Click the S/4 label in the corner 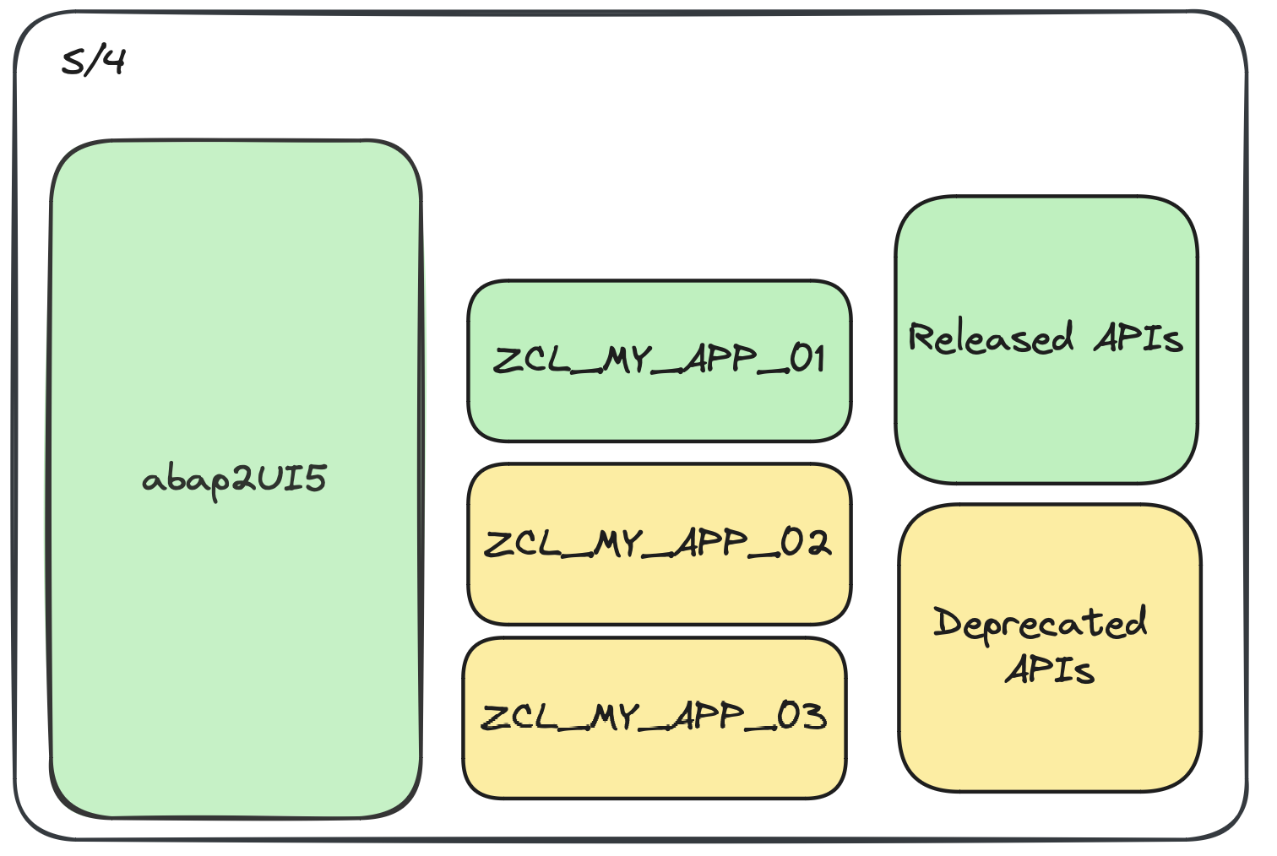click(93, 62)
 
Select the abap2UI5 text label click(234, 480)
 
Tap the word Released click(991, 338)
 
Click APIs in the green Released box click(1138, 338)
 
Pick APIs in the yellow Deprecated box click(1050, 670)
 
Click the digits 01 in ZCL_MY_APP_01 click(807, 360)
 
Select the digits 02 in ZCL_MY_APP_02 click(806, 543)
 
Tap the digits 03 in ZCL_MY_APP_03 click(802, 717)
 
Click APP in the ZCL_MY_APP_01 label click(720, 360)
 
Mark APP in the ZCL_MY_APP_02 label click(711, 543)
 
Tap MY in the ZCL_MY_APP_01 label click(628, 360)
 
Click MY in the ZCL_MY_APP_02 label click(618, 544)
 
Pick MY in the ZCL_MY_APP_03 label click(615, 718)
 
